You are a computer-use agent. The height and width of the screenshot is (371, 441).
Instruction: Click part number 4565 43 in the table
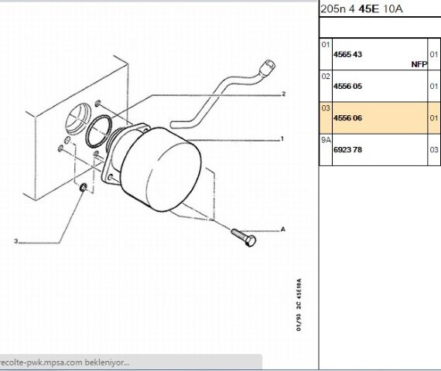point(347,54)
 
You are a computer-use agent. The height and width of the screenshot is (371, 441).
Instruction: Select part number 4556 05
point(347,86)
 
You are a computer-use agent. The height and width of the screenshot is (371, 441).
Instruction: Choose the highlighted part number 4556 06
point(347,117)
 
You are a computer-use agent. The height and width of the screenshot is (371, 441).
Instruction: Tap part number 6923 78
point(347,149)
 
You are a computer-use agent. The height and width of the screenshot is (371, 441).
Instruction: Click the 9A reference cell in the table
point(326,140)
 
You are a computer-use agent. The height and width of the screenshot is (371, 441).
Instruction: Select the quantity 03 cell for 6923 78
point(434,149)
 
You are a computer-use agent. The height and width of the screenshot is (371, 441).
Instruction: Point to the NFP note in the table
point(419,64)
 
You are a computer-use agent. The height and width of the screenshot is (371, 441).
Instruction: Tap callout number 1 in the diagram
point(282,139)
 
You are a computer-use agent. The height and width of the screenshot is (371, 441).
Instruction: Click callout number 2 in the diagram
point(283,94)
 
